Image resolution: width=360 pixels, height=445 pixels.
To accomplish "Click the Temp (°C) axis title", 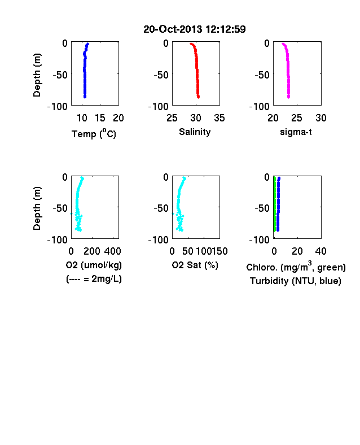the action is point(94,133).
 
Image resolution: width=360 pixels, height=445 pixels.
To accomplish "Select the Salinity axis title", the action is point(195,132).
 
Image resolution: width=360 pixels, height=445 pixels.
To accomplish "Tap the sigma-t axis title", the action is point(296,132).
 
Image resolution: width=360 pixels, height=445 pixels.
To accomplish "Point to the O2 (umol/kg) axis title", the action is point(94,265).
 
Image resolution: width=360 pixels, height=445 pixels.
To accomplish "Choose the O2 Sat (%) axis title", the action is point(195,265).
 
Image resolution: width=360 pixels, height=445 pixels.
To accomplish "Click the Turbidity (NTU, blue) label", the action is point(295,281).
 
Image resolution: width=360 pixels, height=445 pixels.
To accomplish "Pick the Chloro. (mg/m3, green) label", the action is point(296,267).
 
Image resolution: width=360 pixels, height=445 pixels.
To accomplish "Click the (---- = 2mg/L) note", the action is point(94,279).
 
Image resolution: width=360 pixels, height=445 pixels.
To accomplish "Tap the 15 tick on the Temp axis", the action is point(100,118).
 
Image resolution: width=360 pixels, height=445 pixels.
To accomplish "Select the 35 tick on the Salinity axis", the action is point(219,118).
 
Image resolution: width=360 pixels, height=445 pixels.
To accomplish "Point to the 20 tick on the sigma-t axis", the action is point(273,118).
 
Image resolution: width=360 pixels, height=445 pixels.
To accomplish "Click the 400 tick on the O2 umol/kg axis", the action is point(112,251).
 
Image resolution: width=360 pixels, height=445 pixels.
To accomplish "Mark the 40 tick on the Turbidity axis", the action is point(321,251).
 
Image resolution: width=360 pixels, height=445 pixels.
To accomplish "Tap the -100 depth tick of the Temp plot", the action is point(58,107).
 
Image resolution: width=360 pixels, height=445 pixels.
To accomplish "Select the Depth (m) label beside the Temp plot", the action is point(37,75).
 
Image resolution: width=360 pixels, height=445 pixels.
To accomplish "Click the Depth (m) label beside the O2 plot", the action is point(37,208).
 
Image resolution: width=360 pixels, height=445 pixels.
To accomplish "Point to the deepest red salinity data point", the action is point(198,97).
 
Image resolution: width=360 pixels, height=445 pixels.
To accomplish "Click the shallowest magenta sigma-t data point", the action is point(283,43).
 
